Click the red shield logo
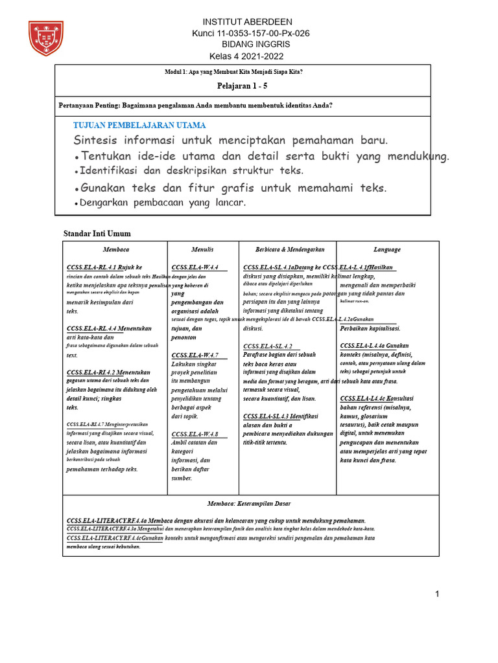[x=46, y=38]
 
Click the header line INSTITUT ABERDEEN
[x=248, y=21]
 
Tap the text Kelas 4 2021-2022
[x=247, y=56]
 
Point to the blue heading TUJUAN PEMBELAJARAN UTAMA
[x=139, y=125]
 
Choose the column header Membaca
[x=116, y=249]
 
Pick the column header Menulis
[x=202, y=249]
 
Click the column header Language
[x=387, y=249]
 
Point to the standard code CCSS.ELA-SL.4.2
[x=268, y=346]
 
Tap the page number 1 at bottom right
[x=437, y=594]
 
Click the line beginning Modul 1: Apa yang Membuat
[x=234, y=71]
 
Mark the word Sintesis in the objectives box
[x=96, y=140]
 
